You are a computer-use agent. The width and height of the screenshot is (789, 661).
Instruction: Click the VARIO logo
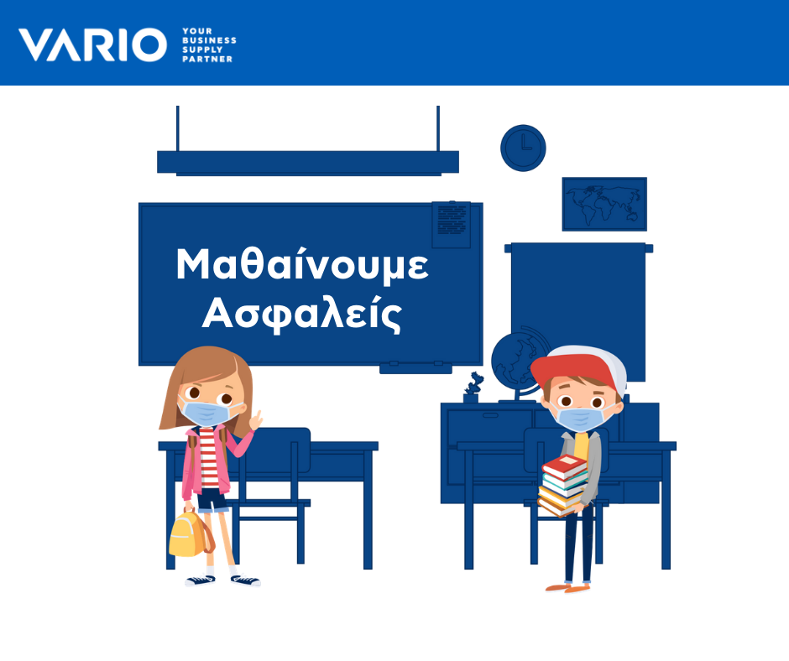[92, 44]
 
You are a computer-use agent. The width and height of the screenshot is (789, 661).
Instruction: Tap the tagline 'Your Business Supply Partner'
[209, 44]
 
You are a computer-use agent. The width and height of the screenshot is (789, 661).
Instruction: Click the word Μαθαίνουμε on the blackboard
[302, 264]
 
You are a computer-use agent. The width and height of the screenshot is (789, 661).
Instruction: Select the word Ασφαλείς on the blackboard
[302, 315]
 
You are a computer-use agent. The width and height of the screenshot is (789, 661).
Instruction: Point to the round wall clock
[523, 148]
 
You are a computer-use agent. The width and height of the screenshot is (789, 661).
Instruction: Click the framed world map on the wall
[604, 204]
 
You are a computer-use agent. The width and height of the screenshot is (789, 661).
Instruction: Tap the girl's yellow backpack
[191, 534]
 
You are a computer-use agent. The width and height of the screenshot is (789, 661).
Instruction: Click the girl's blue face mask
[206, 413]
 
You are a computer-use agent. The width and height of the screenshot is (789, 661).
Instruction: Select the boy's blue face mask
[581, 419]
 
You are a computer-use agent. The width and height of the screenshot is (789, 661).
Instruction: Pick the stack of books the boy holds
[562, 486]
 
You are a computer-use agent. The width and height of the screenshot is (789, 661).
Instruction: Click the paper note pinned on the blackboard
[452, 224]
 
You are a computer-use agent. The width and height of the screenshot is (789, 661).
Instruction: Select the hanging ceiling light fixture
[308, 162]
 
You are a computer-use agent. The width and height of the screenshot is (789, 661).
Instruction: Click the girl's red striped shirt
[208, 458]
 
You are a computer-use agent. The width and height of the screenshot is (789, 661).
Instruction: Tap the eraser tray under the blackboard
[415, 367]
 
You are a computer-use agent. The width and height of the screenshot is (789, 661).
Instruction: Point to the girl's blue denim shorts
[212, 500]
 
